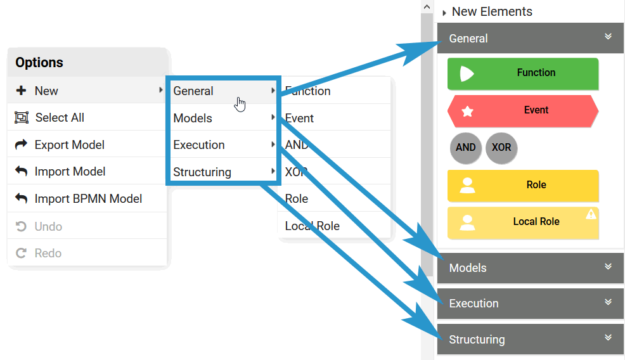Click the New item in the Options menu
pos(46,91)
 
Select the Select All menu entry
pos(60,118)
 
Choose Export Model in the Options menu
pos(70,145)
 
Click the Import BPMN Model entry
pos(88,198)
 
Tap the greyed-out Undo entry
pos(48,226)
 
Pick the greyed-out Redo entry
pos(48,253)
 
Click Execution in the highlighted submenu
pos(199,145)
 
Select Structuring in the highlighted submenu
pos(202,172)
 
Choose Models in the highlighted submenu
pos(193,118)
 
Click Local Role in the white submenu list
pos(312,226)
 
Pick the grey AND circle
pos(465,148)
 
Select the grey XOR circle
pos(501,148)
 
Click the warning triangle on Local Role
pos(591,214)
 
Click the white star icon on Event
pos(467,112)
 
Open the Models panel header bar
pos(530,267)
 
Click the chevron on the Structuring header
pos(609,338)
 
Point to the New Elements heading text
pos(492,11)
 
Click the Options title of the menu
pos(39,62)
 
